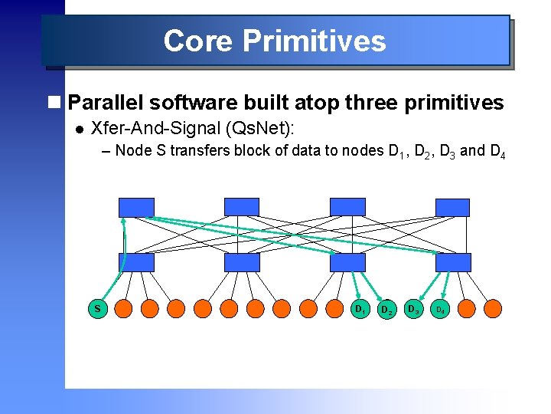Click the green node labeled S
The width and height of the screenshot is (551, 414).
point(98,309)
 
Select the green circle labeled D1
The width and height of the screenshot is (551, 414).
point(357,309)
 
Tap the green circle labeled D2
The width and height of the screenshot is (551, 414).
point(387,309)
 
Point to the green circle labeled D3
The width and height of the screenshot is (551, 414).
point(413,309)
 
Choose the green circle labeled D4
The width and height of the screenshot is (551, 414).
point(440,309)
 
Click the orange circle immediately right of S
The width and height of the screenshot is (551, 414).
point(124,309)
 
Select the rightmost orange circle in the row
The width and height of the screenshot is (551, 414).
point(492,309)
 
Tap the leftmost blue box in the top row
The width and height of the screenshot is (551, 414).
point(136,207)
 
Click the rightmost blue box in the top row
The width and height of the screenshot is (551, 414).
point(453,207)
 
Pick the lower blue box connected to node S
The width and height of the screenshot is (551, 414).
point(136,262)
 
